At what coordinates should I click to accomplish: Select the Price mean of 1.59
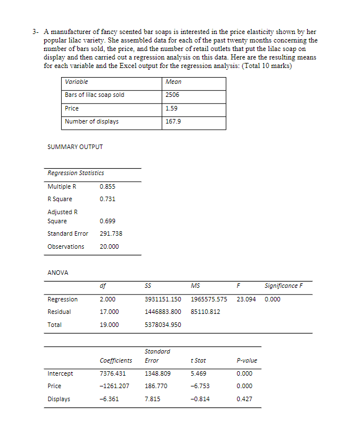coord(171,108)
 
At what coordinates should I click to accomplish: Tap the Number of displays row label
coord(92,121)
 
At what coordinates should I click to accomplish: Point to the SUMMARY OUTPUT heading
coord(75,147)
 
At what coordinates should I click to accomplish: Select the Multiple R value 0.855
coord(107,186)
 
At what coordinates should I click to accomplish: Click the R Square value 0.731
coord(107,199)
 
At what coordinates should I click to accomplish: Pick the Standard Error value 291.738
coord(111,233)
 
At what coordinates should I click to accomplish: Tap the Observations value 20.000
coord(109,246)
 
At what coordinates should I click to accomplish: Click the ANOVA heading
coord(58,273)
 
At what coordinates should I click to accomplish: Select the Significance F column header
coord(283,286)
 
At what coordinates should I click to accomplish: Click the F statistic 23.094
coord(247,299)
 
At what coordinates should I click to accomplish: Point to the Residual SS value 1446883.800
coord(163,312)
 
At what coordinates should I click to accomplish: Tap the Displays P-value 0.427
coord(244,399)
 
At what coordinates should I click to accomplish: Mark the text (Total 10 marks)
coord(266,66)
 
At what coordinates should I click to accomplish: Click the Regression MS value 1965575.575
coord(209,299)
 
